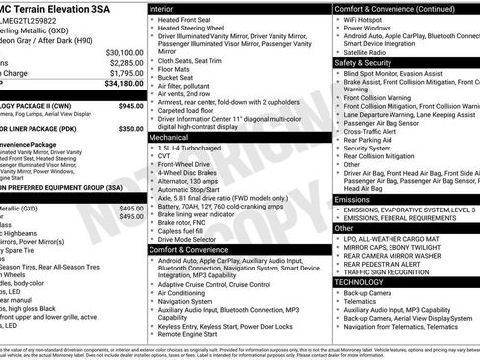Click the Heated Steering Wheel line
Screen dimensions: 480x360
tap(193, 29)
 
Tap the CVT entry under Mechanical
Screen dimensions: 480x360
tap(164, 155)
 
